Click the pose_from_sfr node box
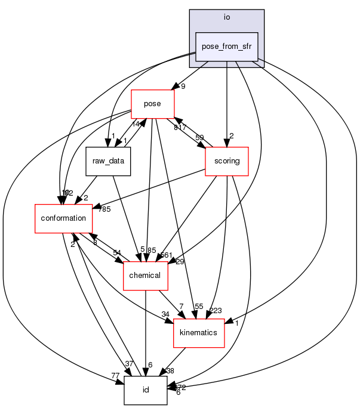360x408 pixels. pos(227,47)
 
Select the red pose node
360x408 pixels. pos(152,104)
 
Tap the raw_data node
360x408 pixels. pos(108,160)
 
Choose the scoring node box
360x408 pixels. pos(226,160)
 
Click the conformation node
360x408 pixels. pos(63,218)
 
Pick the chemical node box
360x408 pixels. pos(144,275)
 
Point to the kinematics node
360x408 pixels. pos(198,332)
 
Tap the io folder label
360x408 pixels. pos(227,17)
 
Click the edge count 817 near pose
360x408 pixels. pos(180,127)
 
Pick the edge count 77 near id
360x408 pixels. pos(115,375)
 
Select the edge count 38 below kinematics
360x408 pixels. pos(170,371)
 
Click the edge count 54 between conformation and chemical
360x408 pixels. pos(117,252)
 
